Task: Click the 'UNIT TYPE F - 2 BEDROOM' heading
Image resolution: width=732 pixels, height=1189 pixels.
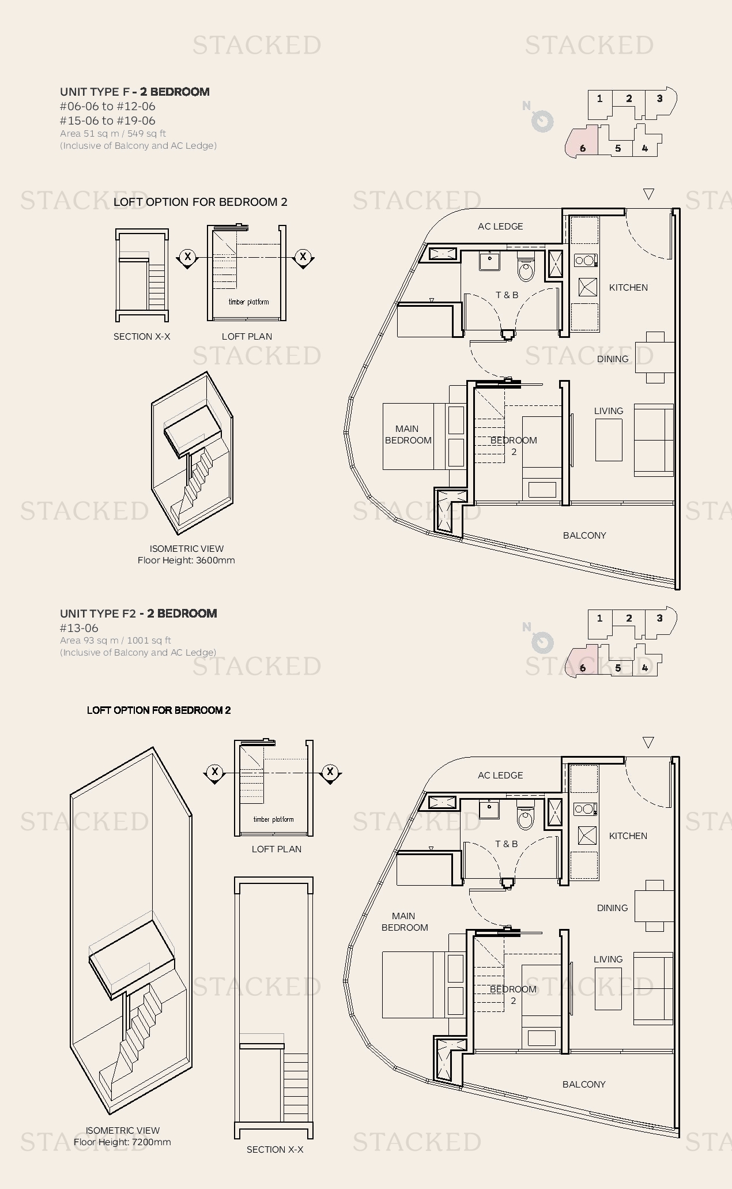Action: coord(135,92)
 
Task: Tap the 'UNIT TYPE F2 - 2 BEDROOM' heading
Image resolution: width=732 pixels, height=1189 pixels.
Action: coord(138,614)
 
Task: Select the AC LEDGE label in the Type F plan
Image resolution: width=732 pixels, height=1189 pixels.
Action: coord(500,227)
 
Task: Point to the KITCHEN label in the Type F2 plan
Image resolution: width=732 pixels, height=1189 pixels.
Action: coord(628,836)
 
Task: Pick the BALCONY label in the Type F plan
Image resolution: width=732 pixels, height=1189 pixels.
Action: coord(584,536)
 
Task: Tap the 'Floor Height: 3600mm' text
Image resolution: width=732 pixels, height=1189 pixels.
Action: coord(186,560)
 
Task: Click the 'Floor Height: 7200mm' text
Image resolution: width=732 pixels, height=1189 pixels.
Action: coord(122,1142)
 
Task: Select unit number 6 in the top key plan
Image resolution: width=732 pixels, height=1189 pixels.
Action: coord(583,149)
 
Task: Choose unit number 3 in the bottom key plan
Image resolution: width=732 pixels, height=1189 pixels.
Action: coord(659,618)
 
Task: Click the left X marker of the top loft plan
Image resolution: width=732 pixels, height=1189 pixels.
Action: coord(187,257)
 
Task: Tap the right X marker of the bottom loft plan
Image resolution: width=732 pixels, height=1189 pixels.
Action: coord(330,772)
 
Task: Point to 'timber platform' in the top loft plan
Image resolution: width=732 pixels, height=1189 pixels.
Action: coord(248,302)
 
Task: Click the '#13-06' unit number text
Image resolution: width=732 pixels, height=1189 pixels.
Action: coord(79,629)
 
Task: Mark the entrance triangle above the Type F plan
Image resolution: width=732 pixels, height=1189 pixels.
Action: coord(648,194)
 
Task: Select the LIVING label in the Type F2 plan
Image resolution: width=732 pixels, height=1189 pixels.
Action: coord(608,960)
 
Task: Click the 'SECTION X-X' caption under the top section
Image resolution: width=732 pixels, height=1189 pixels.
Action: coord(142,337)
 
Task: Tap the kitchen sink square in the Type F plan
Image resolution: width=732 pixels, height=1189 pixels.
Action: coord(587,287)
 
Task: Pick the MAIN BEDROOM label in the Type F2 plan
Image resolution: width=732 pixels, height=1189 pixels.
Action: coord(405,921)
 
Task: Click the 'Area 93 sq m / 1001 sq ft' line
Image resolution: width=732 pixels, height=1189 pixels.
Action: coord(115,641)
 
